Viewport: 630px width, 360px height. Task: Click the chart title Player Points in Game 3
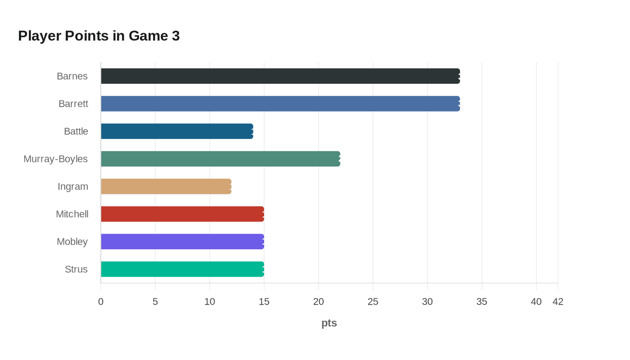pos(99,36)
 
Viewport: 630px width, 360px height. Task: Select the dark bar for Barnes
pos(280,76)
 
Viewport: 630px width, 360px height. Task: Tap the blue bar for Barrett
pos(280,103)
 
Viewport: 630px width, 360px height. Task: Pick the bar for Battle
pos(177,131)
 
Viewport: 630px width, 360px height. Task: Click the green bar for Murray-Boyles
pos(220,159)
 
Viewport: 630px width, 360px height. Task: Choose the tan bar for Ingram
pos(166,186)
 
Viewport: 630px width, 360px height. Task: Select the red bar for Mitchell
pos(182,214)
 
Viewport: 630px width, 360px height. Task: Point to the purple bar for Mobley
pos(182,242)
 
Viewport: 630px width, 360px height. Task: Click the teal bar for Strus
pos(182,269)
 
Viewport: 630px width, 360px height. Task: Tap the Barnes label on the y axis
pos(72,76)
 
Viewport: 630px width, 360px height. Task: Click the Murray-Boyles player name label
pos(55,159)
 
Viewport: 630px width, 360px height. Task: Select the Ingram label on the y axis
pos(72,186)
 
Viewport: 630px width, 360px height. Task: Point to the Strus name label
pos(76,269)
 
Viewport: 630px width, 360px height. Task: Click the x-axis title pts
pos(329,323)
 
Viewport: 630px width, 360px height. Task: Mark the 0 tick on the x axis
pos(101,301)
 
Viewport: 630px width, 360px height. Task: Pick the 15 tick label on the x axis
pos(264,301)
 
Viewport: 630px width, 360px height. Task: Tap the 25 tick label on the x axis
pos(373,301)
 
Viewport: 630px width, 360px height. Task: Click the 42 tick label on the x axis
pos(558,301)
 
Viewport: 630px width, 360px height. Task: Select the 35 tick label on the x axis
pos(482,301)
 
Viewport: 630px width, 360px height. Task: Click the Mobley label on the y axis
pos(72,242)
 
